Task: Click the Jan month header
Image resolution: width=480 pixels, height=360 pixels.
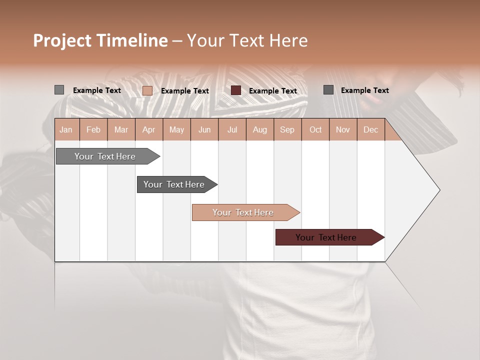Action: (66, 129)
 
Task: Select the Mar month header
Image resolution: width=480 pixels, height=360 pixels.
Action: (121, 129)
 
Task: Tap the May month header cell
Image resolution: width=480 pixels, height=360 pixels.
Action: (176, 129)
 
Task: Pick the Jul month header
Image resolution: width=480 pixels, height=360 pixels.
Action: (232, 129)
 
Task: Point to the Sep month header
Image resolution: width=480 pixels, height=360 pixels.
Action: (287, 129)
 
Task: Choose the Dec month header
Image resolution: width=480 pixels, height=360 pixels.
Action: (370, 129)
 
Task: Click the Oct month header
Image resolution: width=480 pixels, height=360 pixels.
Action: (315, 129)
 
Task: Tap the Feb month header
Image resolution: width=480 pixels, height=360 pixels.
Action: (93, 129)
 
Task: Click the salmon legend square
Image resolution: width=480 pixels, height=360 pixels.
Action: (147, 90)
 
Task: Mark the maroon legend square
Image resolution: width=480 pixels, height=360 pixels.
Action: (236, 90)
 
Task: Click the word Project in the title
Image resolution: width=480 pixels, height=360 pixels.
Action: (62, 40)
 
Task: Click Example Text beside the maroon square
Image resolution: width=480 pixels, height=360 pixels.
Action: (272, 91)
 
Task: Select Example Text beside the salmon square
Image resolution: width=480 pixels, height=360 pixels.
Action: (184, 91)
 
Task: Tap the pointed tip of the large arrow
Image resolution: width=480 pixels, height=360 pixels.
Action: (439, 190)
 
